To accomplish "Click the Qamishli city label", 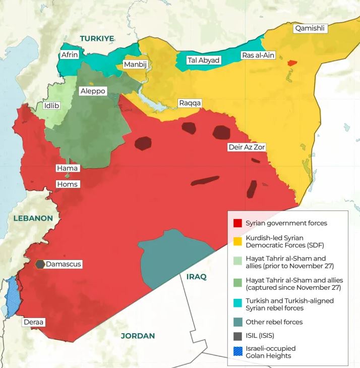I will tap(310, 29).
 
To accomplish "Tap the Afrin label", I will tap(70, 55).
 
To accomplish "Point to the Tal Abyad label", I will tap(204, 60).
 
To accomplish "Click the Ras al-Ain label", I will tap(258, 55).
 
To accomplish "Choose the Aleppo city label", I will tap(93, 91).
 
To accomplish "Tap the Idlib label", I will tap(51, 106).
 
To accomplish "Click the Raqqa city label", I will tap(190, 103).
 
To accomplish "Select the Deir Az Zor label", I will tap(246, 147).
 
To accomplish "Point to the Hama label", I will tap(67, 168).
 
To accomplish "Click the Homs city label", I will tap(67, 184).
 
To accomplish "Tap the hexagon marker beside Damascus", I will tap(40, 264).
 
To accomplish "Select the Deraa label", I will tap(34, 322).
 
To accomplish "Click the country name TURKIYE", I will tap(97, 38).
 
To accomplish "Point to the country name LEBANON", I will tap(33, 218).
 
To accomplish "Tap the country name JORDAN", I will tap(138, 336).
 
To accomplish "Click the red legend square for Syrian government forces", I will tap(237, 223).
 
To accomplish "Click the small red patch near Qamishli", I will tap(292, 63).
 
